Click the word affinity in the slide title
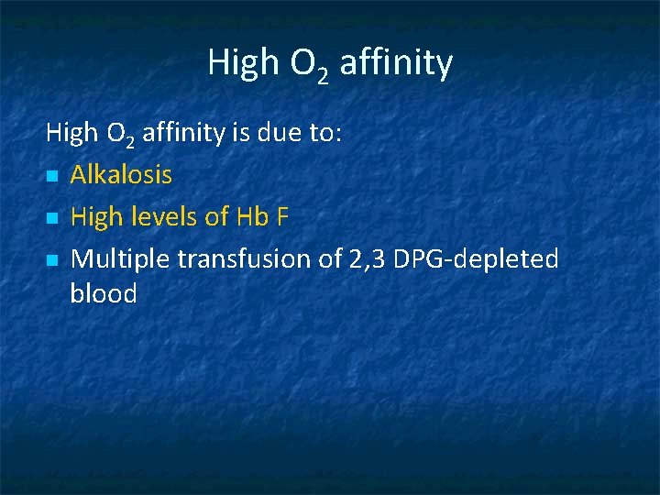click(x=396, y=63)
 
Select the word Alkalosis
click(x=121, y=174)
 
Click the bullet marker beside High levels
click(x=51, y=218)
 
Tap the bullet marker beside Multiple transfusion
click(x=51, y=261)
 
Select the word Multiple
click(x=120, y=260)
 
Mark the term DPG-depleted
click(x=476, y=260)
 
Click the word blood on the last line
click(x=104, y=294)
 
